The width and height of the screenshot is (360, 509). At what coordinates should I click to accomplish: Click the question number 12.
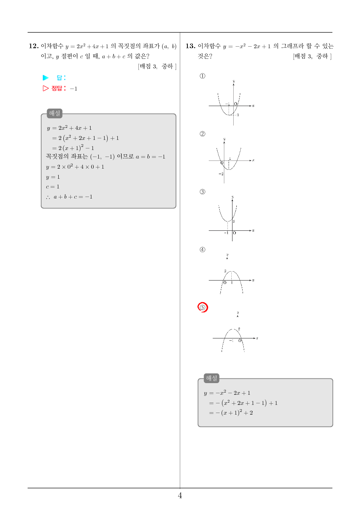(34, 46)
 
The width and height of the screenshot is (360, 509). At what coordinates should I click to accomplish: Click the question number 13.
(190, 46)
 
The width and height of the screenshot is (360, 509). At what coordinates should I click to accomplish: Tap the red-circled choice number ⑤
(203, 307)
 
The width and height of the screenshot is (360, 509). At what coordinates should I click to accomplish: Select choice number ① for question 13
(203, 76)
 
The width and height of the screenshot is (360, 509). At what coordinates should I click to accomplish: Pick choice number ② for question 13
(203, 134)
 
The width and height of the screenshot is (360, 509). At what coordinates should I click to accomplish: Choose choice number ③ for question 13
(203, 192)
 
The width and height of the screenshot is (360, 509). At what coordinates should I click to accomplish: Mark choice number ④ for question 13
(203, 250)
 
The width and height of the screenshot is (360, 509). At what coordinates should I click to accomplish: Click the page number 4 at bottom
(180, 495)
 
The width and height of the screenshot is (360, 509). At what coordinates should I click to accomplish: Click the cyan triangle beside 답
(46, 78)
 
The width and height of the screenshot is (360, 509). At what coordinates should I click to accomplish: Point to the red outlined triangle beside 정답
(46, 88)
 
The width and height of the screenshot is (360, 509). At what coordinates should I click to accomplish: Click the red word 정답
(57, 88)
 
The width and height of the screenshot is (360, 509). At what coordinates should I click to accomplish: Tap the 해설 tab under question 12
(54, 113)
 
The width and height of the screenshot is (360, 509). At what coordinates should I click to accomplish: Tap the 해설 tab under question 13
(211, 378)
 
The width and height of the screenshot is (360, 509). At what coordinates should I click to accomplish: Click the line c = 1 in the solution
(52, 187)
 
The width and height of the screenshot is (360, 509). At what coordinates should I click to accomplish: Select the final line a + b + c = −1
(69, 197)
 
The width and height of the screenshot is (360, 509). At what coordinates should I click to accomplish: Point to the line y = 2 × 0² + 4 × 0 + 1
(75, 167)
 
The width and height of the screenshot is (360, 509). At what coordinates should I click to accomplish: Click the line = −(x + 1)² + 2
(231, 413)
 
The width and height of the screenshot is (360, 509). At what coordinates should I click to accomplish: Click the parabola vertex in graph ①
(229, 115)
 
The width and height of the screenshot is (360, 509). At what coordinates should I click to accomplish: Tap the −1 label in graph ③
(226, 233)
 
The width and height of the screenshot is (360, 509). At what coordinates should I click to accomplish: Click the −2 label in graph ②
(221, 174)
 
